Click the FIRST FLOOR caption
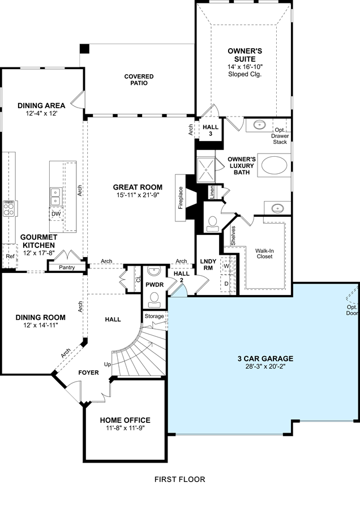click(179, 479)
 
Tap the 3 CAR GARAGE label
click(265, 358)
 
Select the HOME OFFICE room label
click(125, 420)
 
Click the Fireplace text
click(181, 198)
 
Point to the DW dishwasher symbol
click(56, 214)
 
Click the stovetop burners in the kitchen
click(8, 209)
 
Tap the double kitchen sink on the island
click(56, 196)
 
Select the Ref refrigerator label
click(10, 256)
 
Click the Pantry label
click(67, 267)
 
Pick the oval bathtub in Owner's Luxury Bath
click(275, 165)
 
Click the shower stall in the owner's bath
click(206, 169)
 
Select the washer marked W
click(227, 266)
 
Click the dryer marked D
click(226, 284)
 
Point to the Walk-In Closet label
click(264, 254)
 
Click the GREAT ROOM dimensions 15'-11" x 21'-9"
click(138, 195)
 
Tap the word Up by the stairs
click(108, 364)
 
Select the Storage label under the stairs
click(154, 316)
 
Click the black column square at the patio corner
click(84, 49)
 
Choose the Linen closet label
click(212, 192)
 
